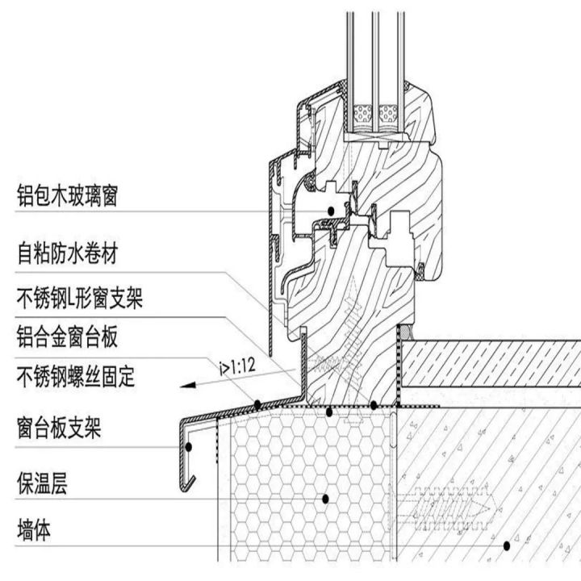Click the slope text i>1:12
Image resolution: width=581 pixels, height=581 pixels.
point(237,368)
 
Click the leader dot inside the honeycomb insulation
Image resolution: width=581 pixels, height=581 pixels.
point(325,499)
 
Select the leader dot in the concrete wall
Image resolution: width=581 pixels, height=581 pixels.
point(507,545)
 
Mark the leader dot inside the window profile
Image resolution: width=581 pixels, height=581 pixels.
point(332,211)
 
